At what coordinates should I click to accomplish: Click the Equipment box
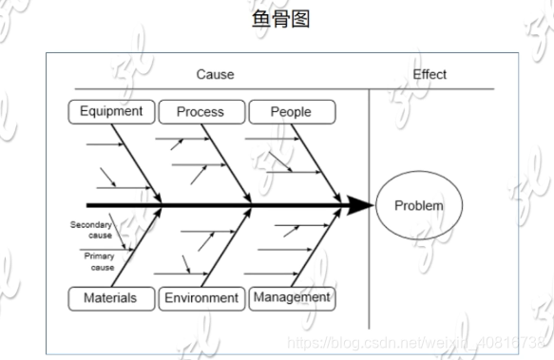111,111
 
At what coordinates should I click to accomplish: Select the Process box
200,112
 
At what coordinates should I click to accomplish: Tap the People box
291,112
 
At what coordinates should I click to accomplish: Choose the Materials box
110,298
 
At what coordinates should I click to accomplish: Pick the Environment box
201,298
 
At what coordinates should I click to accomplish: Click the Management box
292,297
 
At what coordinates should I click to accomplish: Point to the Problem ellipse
418,205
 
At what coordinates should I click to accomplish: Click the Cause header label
215,74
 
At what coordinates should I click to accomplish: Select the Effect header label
430,74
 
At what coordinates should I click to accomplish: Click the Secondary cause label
91,230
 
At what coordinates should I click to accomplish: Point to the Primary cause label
99,262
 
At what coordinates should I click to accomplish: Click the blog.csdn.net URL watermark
418,340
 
